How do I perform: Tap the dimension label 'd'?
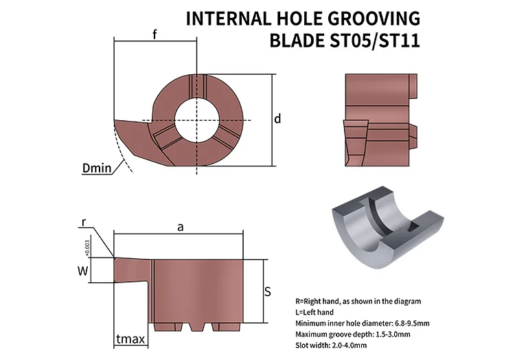point(277,119)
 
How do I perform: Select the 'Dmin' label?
point(96,168)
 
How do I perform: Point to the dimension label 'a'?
point(180,227)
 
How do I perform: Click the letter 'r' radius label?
point(84,222)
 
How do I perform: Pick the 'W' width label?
point(82,271)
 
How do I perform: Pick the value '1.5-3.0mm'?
point(391,334)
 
